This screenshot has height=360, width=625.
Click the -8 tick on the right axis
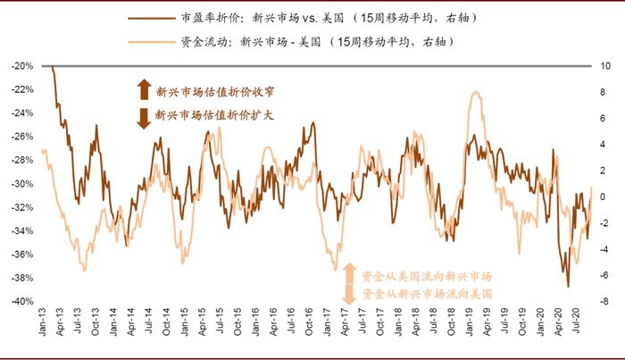[x=604, y=302]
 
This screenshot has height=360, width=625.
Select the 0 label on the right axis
[x=604, y=197]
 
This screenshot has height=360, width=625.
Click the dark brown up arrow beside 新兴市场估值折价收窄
[x=144, y=89]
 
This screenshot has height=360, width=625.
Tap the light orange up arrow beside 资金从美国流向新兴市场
[x=350, y=273]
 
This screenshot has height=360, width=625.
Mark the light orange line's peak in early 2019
[x=477, y=92]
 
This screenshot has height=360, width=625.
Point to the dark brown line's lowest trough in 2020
[x=568, y=286]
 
